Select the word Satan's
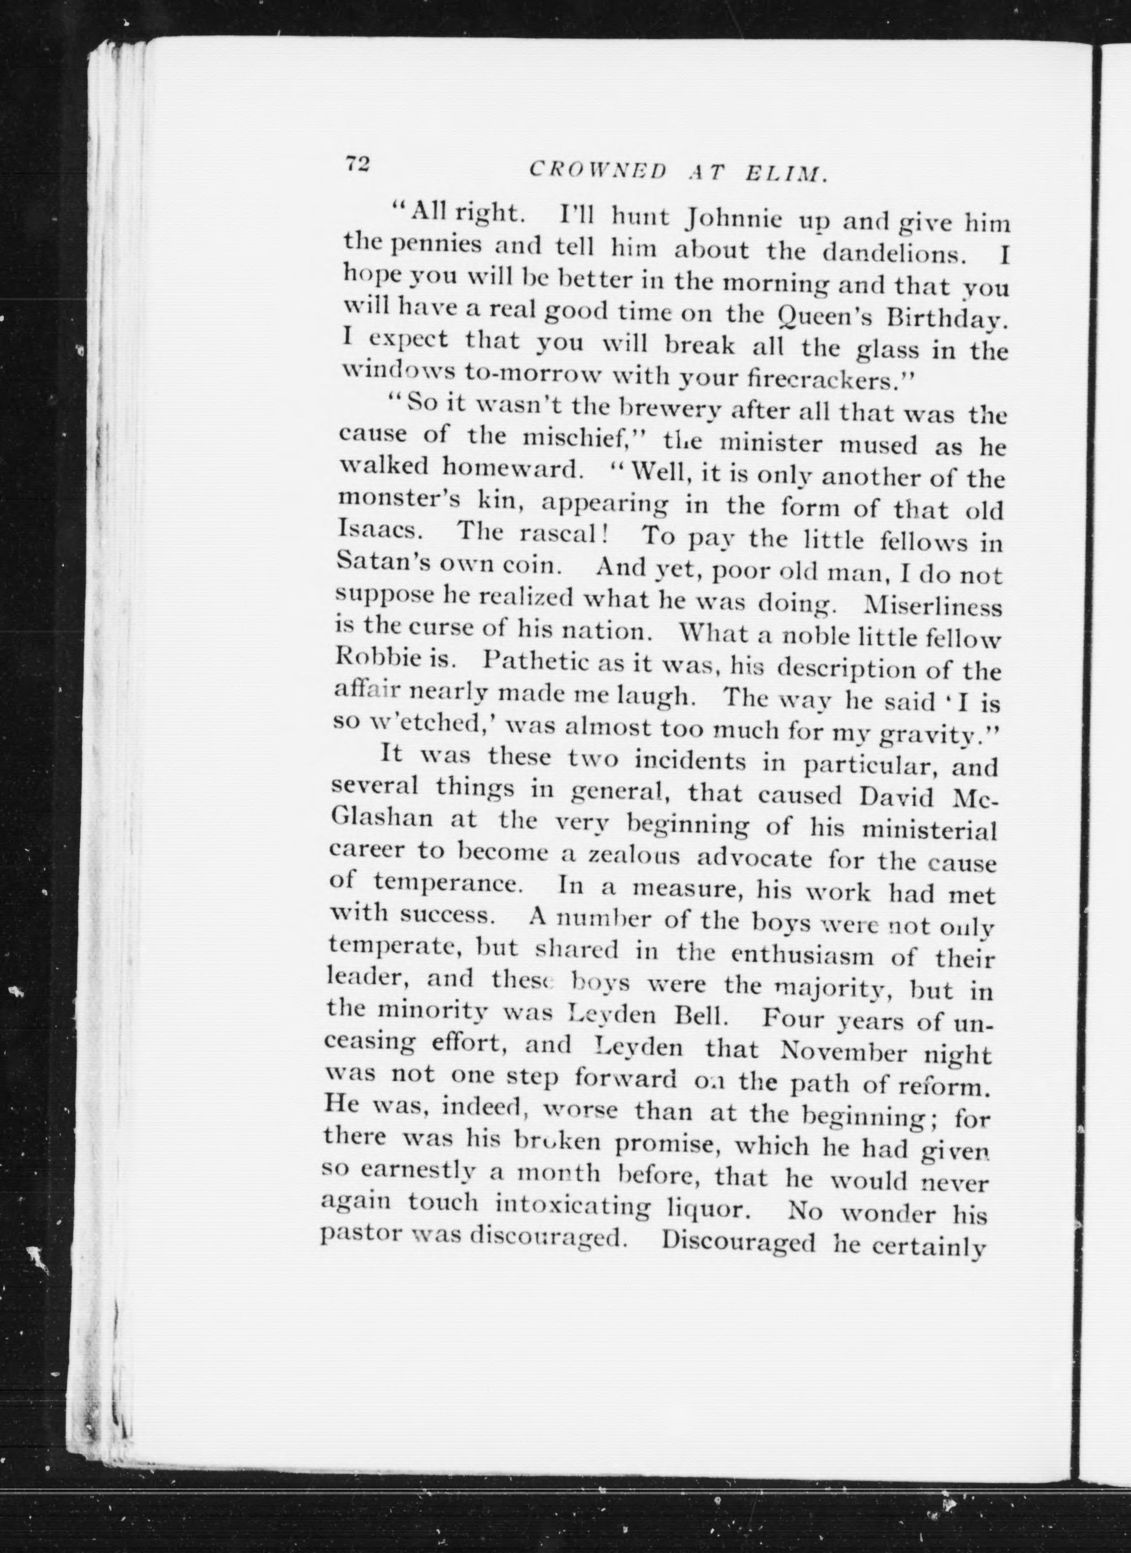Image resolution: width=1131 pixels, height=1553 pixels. (381, 563)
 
